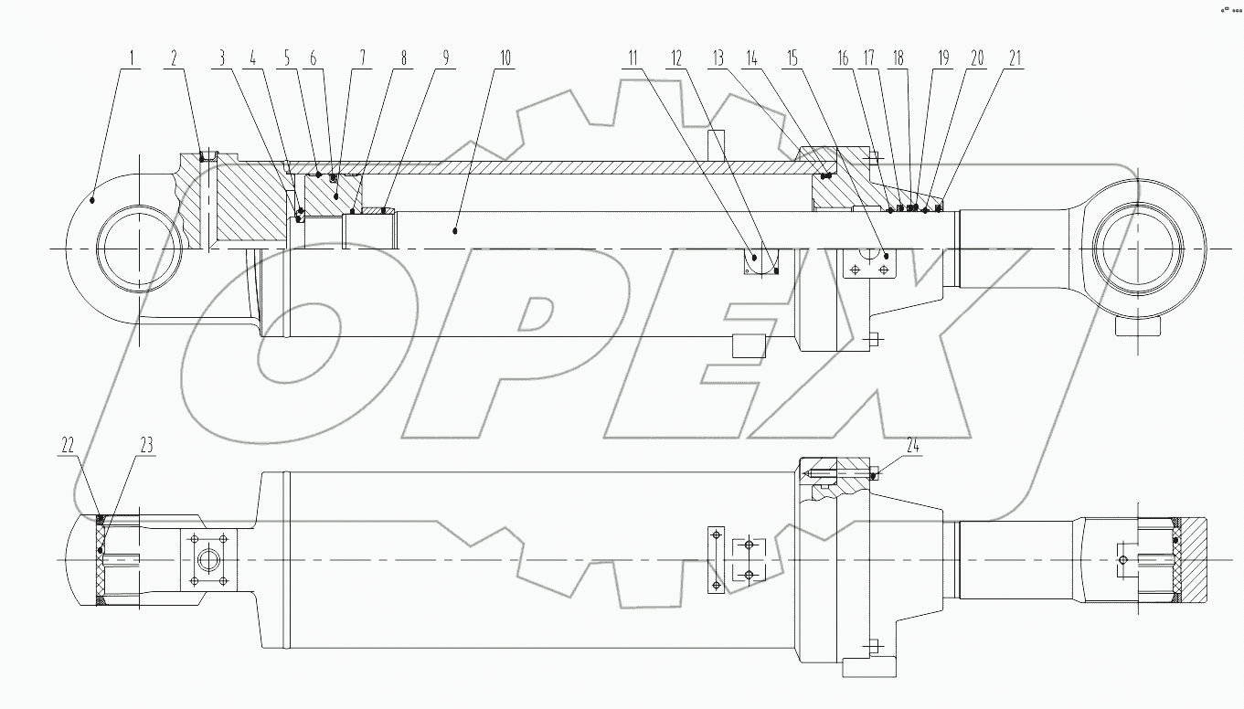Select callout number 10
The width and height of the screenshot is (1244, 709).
(x=504, y=58)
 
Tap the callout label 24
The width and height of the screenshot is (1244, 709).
(x=912, y=446)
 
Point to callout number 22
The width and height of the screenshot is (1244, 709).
(x=68, y=446)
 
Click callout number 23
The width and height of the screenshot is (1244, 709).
(x=146, y=446)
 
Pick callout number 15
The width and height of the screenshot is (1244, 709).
(x=792, y=58)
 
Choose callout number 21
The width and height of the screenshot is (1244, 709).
(x=1013, y=58)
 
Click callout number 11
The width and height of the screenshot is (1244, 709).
(x=632, y=58)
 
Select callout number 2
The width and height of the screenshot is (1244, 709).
(x=175, y=58)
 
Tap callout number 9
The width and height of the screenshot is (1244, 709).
(x=445, y=58)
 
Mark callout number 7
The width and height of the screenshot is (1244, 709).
(x=362, y=58)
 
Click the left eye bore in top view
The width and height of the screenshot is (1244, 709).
(x=133, y=249)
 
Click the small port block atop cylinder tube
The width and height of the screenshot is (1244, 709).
(x=718, y=144)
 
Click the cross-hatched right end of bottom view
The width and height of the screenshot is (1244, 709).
(x=1191, y=559)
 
